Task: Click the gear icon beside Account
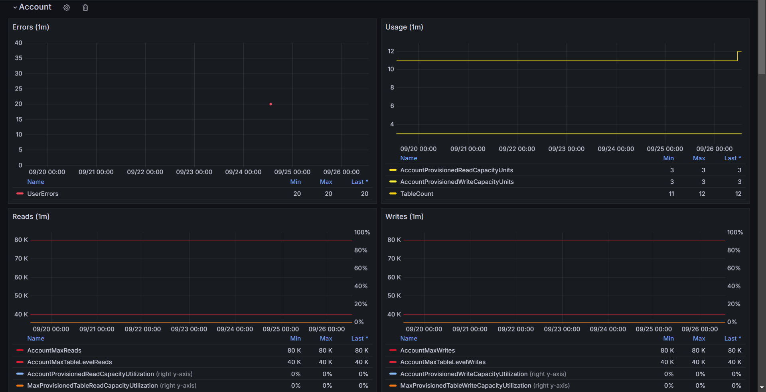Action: [x=67, y=8]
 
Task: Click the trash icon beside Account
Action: [x=85, y=8]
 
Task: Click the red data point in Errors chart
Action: [x=270, y=104]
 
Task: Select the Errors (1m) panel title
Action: [x=31, y=27]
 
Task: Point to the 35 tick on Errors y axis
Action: [x=18, y=58]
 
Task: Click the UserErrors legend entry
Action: [x=43, y=194]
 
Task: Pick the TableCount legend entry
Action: [x=417, y=194]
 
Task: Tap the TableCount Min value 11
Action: [x=671, y=194]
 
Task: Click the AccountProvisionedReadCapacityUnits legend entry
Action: [x=456, y=170]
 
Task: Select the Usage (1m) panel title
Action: [x=404, y=27]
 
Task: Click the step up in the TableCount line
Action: [x=738, y=56]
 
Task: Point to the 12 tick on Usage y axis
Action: [x=391, y=51]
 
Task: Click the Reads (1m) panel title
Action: [x=31, y=217]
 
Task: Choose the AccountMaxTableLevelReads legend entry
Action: [x=69, y=362]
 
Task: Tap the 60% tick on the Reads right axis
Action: [x=361, y=268]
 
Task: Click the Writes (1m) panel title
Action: [x=404, y=217]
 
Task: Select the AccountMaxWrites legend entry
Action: [x=427, y=351]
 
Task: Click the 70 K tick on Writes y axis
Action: [x=394, y=259]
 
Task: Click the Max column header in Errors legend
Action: [x=326, y=182]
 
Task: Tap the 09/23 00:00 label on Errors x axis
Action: [x=194, y=172]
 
